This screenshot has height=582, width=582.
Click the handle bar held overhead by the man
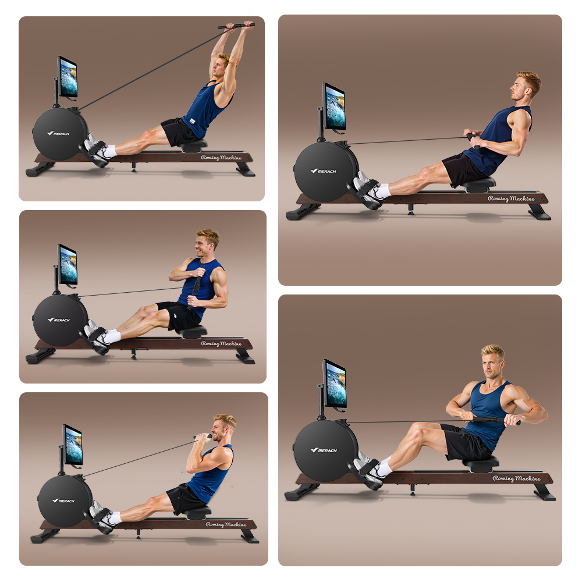tap(236, 26)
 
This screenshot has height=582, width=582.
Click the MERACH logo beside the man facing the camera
tap(324, 450)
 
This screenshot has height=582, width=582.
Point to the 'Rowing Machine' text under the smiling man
tap(221, 344)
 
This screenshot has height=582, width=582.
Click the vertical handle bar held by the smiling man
tap(196, 286)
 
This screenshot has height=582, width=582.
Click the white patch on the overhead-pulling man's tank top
tap(192, 120)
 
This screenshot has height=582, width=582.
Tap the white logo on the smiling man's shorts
tap(175, 316)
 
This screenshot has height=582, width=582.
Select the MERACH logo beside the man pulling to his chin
tap(63, 501)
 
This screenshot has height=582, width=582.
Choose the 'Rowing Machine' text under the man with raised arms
tap(221, 158)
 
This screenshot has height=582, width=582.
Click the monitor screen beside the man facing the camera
tap(335, 384)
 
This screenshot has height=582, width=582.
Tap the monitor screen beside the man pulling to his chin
tap(73, 445)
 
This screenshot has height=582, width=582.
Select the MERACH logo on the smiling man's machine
tap(59, 320)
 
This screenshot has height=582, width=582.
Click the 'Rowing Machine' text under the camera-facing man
tap(516, 478)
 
